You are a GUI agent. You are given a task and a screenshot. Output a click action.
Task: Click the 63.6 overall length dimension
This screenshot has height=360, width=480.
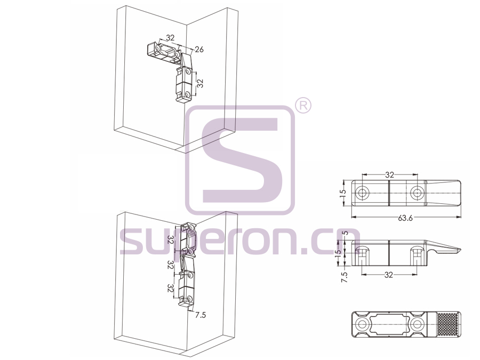405,218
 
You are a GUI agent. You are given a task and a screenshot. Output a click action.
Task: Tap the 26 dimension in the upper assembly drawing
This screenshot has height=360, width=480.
199,49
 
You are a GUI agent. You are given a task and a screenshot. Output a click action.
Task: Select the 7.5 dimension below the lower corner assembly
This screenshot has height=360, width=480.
201,315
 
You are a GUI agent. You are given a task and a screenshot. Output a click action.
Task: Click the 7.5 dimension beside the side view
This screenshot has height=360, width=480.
345,277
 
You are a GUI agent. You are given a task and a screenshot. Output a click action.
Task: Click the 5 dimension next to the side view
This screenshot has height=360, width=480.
346,233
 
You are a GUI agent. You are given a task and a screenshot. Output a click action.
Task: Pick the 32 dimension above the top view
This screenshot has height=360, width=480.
389,175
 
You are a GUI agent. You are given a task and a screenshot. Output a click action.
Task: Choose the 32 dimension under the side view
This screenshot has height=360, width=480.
388,275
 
